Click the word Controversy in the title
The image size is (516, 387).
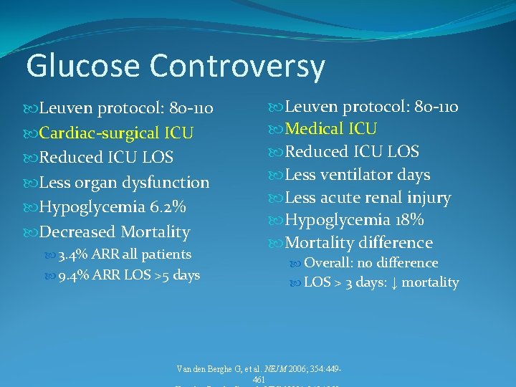click(237, 66)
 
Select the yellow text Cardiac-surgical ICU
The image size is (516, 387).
click(117, 133)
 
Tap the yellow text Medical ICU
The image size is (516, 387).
click(331, 129)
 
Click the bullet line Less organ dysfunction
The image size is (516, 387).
click(125, 183)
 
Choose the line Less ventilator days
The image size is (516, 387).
click(358, 175)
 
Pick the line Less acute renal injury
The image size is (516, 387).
click(368, 198)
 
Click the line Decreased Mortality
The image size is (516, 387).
click(115, 232)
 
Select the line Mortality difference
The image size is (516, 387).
click(359, 244)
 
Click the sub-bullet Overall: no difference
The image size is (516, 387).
click(371, 263)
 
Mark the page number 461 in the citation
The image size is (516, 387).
click(259, 380)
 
